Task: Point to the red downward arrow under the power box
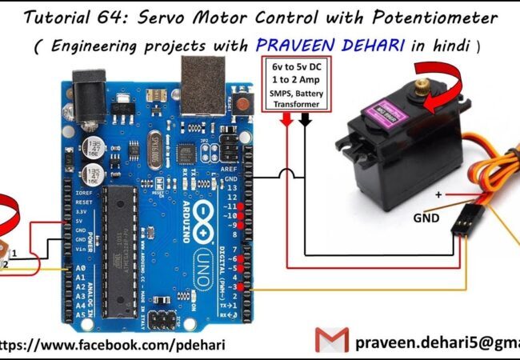click(286, 119)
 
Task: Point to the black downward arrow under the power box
click(305, 119)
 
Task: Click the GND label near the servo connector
click(426, 217)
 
